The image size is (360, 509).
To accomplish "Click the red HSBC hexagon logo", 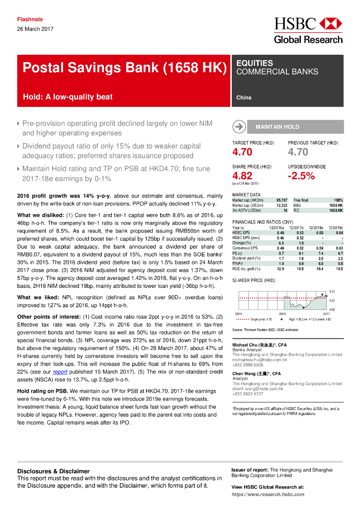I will (x=331, y=23).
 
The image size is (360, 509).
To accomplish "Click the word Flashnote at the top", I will (x=30, y=19).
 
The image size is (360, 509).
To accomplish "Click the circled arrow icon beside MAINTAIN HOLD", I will (x=239, y=127).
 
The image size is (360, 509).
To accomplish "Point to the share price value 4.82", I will (x=242, y=175).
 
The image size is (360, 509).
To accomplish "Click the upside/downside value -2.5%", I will (x=301, y=175).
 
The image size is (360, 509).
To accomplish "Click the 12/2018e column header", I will (x=316, y=228).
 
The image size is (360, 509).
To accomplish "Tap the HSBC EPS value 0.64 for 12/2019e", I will (x=339, y=233).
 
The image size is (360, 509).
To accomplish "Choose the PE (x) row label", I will (x=238, y=253).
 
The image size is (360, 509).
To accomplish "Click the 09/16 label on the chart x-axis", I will (x=282, y=314).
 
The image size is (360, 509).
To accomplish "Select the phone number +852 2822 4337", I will (x=249, y=394).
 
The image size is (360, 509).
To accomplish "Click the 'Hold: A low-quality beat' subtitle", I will (x=68, y=97).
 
